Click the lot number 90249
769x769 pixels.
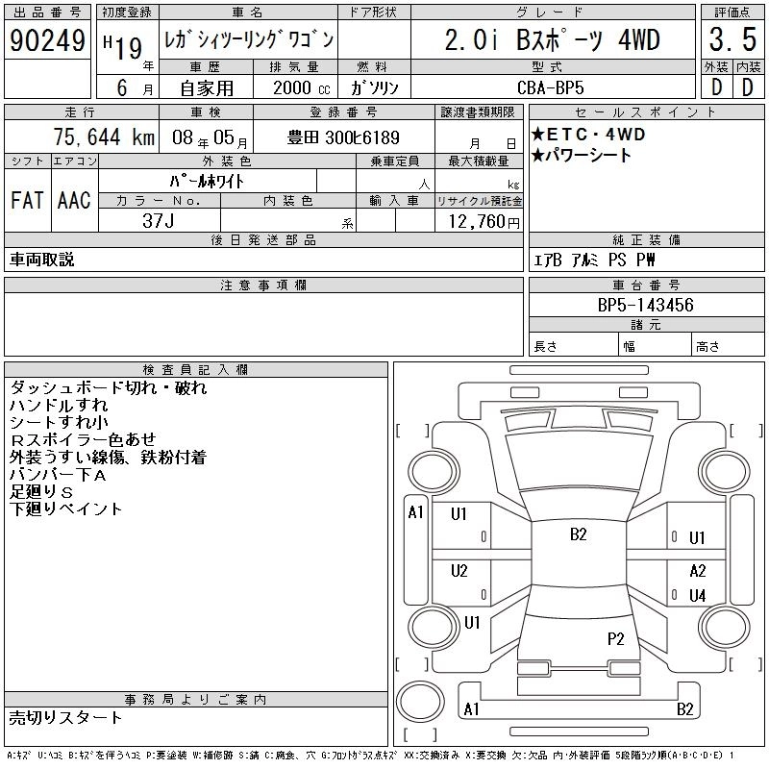(47, 40)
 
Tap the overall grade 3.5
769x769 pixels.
(732, 39)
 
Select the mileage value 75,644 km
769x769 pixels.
(104, 136)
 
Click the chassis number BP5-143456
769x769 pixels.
(645, 305)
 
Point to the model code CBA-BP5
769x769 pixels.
(550, 87)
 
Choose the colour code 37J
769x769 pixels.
(159, 221)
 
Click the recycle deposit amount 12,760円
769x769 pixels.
(484, 222)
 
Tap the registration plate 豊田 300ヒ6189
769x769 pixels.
(343, 137)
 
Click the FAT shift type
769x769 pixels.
(28, 200)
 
